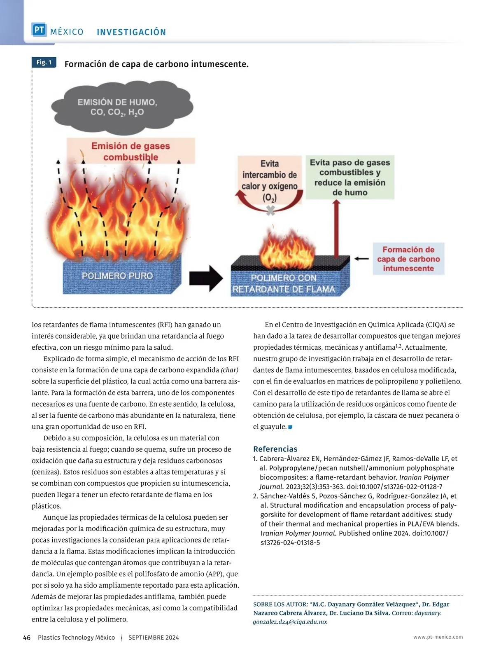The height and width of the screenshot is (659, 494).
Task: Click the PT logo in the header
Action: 39,30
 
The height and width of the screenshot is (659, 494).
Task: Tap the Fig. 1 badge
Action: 44,62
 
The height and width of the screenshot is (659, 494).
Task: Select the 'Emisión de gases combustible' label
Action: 130,151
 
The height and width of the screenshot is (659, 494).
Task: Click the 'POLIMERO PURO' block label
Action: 117,276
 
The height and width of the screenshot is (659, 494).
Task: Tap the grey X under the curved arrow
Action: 270,211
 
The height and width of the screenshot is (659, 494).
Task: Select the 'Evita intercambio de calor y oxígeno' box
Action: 270,180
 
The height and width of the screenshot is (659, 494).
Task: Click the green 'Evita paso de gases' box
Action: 350,177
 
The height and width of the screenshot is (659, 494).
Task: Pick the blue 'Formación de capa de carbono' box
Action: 408,259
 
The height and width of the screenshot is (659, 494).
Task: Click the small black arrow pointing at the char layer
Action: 361,259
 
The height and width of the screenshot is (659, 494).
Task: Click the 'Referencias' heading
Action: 275,449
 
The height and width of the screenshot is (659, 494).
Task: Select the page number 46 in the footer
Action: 27,638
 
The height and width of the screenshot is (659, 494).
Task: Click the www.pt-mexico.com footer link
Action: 438,637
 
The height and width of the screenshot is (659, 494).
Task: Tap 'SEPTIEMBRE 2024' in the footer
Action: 154,638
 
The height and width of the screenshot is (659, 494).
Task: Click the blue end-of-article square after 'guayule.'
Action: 290,427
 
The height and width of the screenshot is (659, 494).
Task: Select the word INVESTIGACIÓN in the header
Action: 131,32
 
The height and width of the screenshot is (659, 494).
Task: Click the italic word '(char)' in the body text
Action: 230,370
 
